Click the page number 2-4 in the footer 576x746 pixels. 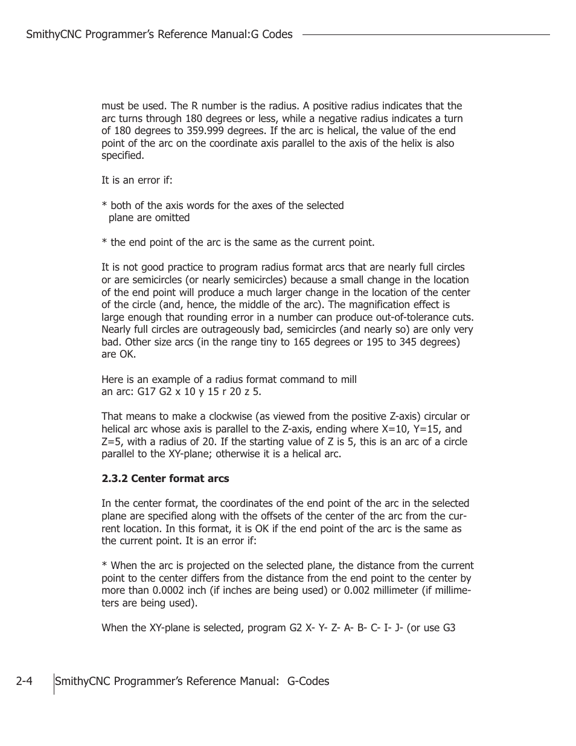(x=24, y=681)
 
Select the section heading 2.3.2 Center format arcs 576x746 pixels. (x=165, y=478)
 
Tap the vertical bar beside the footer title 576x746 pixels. (x=54, y=683)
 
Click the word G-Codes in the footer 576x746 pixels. (x=308, y=681)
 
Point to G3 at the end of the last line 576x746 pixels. (x=449, y=628)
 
